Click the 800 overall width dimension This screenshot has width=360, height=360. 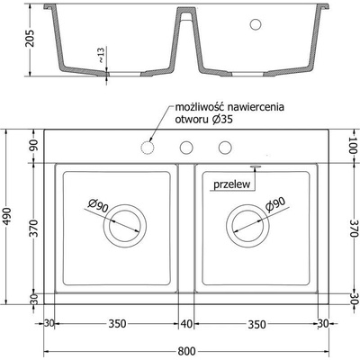pyautogui.click(x=186, y=351)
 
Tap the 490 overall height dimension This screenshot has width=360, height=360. pyautogui.click(x=7, y=217)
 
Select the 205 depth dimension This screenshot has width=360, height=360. pyautogui.click(x=31, y=39)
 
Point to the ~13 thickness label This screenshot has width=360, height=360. pyautogui.click(x=101, y=55)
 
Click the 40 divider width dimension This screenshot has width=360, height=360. pyautogui.click(x=186, y=324)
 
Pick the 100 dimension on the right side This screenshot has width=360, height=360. pyautogui.click(x=355, y=145)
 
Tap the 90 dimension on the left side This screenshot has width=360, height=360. pyautogui.click(x=33, y=146)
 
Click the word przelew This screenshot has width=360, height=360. pyautogui.click(x=231, y=184)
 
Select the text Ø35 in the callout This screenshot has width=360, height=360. pyautogui.click(x=222, y=120)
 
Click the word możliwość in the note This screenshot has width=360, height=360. pyautogui.click(x=200, y=107)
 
